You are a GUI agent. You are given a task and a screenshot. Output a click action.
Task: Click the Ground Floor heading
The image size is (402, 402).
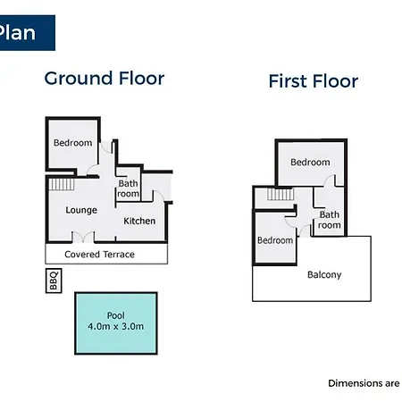click(x=105, y=79)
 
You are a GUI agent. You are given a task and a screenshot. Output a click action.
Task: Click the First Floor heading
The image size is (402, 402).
click(x=314, y=81)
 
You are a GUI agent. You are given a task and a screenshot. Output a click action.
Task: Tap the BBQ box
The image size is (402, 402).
click(x=54, y=281)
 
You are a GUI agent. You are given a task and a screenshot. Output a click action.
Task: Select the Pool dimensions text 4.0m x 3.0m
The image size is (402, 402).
click(x=116, y=326)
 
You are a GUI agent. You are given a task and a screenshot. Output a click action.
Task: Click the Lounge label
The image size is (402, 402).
click(x=81, y=210)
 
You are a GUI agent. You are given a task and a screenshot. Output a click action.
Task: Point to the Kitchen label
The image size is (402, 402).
click(x=139, y=221)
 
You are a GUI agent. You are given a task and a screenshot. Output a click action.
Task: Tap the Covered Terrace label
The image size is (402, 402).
click(x=99, y=255)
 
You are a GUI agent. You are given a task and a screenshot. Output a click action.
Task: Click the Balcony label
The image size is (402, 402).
click(x=324, y=274)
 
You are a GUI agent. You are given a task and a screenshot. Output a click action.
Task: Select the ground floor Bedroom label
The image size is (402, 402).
click(x=72, y=143)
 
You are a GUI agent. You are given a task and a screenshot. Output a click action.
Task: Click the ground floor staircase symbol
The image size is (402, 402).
click(x=62, y=184)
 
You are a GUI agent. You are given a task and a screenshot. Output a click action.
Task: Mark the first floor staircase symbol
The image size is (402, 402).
click(x=281, y=194)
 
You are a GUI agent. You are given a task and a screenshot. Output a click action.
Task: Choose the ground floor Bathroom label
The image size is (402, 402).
click(x=128, y=188)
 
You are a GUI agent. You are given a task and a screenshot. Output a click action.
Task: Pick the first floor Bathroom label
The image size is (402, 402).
click(x=329, y=220)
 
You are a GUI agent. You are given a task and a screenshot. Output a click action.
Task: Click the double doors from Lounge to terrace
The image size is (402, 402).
click(x=83, y=238)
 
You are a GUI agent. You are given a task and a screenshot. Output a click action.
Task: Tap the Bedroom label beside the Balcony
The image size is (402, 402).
click(x=275, y=240)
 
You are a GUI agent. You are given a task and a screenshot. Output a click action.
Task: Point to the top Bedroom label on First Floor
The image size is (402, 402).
click(x=310, y=163)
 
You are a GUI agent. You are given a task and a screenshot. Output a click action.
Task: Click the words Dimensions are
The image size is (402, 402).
click(x=364, y=383)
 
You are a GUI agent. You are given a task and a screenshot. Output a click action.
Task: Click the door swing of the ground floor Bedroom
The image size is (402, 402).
click(x=93, y=170)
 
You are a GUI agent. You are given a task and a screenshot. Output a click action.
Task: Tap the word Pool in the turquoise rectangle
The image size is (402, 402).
click(x=116, y=315)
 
